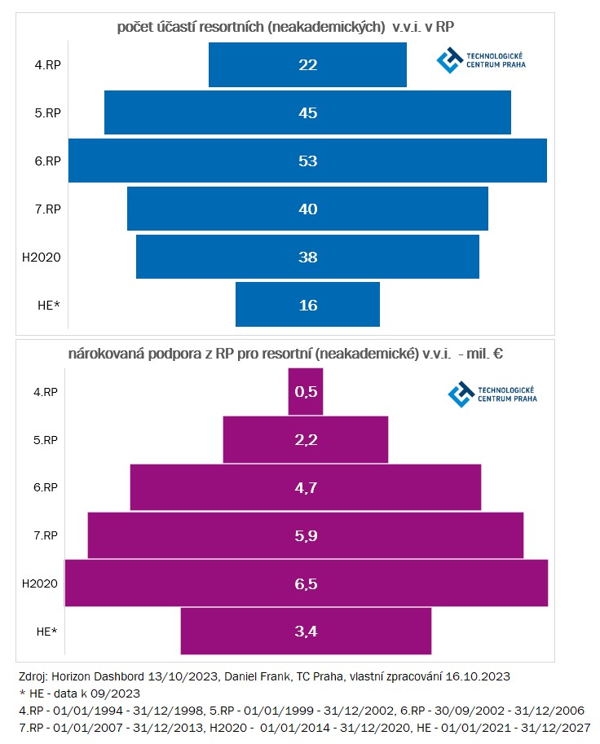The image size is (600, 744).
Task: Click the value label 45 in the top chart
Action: coord(307,112)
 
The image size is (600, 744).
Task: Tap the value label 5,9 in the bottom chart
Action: coord(305,535)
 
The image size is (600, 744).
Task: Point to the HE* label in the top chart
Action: coord(50,305)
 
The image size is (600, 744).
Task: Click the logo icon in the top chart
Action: coord(449,59)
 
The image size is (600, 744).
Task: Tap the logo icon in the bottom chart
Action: coord(461,394)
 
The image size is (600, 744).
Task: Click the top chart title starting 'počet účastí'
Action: coord(285,27)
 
